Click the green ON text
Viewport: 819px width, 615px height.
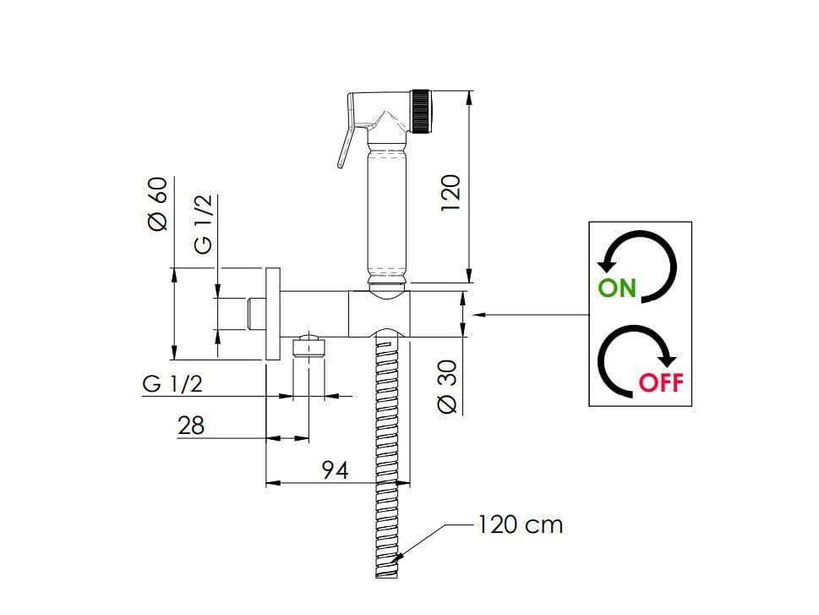coord(616,288)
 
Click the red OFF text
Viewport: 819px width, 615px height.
coord(660,382)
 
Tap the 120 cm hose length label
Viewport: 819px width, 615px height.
coord(520,524)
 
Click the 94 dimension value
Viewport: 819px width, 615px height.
coord(335,470)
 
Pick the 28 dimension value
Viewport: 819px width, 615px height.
coord(191,426)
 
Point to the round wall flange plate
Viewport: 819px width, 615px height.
coord(272,314)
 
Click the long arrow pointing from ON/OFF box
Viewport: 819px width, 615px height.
coord(532,315)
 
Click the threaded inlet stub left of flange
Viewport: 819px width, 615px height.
coord(255,314)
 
